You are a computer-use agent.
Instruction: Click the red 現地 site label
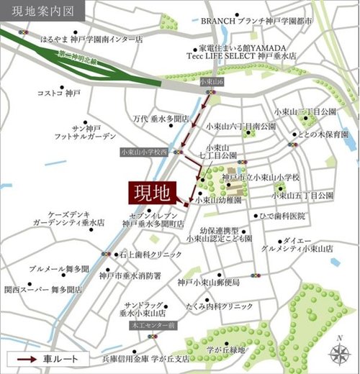(x=152, y=192)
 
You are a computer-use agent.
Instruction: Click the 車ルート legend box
(x=49, y=358)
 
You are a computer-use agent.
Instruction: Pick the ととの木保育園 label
(x=318, y=134)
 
